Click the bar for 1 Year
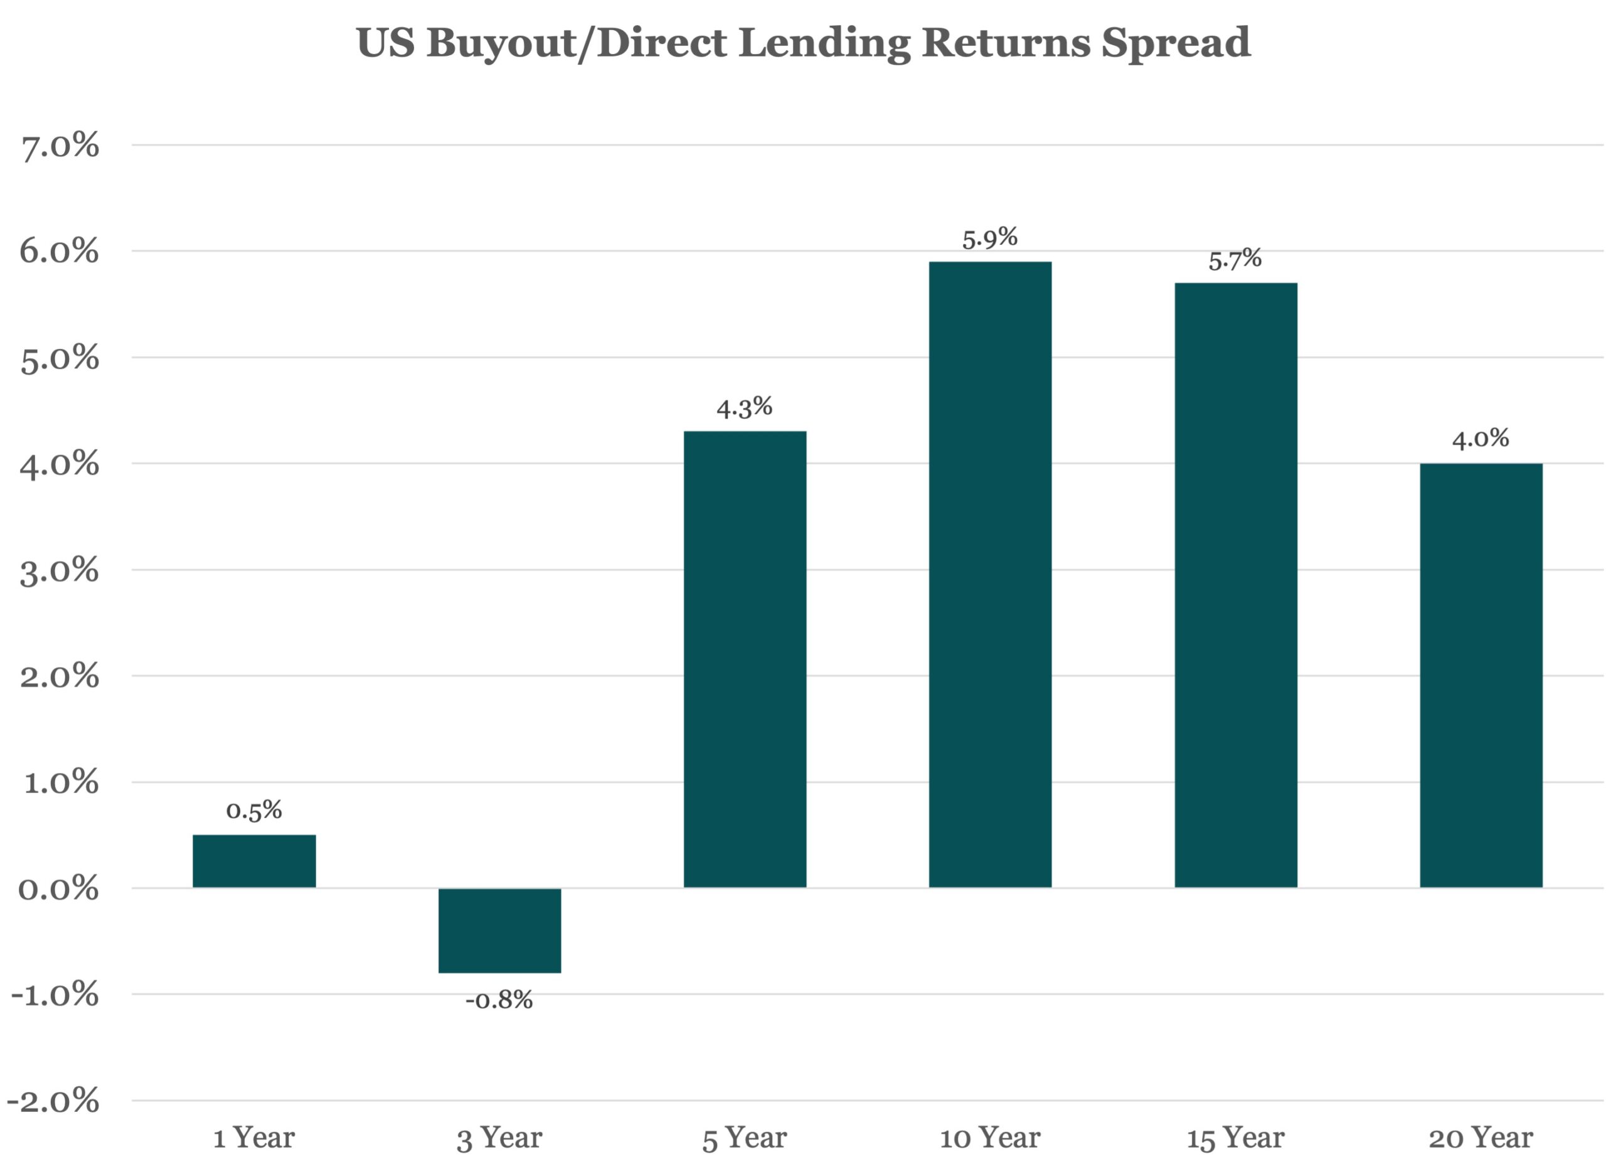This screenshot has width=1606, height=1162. coord(254,860)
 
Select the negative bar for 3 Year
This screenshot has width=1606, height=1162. coord(499,930)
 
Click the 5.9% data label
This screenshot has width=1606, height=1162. coord(989,238)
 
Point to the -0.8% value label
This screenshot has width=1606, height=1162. coord(499,1000)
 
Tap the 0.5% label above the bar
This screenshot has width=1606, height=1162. coord(253,810)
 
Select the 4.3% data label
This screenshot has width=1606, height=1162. coord(744,407)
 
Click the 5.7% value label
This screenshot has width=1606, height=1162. coord(1235,259)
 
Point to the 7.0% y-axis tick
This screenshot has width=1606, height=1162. coord(60,147)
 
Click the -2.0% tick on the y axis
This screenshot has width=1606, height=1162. coord(54,1101)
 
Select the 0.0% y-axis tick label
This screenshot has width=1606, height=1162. coord(58,888)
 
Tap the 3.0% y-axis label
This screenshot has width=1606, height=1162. coord(59,571)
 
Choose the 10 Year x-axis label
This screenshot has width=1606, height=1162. coord(990,1138)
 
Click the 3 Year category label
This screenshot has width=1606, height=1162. coord(499,1139)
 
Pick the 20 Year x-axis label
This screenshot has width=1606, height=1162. coord(1481,1138)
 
